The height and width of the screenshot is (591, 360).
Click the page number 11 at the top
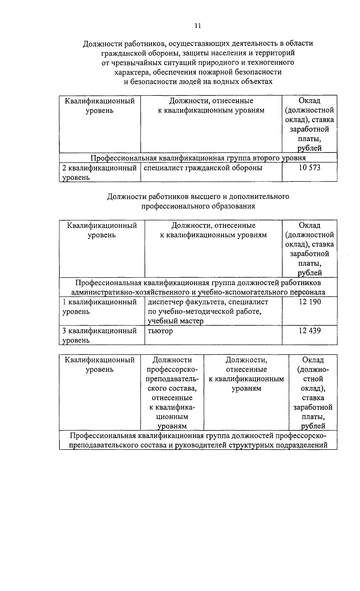pos(197,26)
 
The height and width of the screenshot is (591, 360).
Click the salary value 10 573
pos(309,168)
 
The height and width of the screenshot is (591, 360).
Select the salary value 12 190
pos(310,302)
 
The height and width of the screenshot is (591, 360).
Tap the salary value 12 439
pos(310,331)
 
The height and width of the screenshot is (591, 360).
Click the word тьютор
pos(160,331)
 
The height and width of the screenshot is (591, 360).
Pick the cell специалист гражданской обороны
pos(203,168)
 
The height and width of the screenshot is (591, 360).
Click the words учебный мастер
pos(175,321)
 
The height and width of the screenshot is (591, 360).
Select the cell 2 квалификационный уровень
pos(99,172)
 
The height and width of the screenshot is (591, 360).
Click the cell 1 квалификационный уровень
pos(99,306)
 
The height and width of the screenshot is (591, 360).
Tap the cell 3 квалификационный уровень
pos(99,335)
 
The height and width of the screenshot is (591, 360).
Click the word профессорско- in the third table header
pos(172,369)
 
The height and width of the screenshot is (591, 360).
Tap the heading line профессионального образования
pos(198,207)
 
